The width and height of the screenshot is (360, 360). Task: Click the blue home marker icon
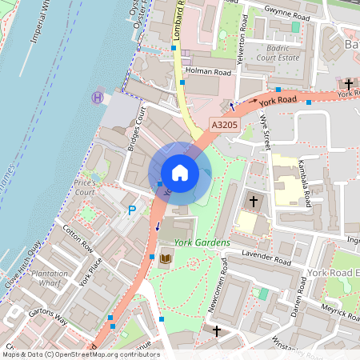(180, 173)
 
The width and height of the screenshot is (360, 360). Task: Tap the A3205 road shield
(225, 125)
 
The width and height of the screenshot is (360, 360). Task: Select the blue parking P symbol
(133, 210)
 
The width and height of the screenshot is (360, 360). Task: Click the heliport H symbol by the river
(98, 97)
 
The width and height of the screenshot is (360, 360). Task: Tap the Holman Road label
(207, 72)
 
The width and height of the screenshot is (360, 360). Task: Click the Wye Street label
(266, 130)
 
